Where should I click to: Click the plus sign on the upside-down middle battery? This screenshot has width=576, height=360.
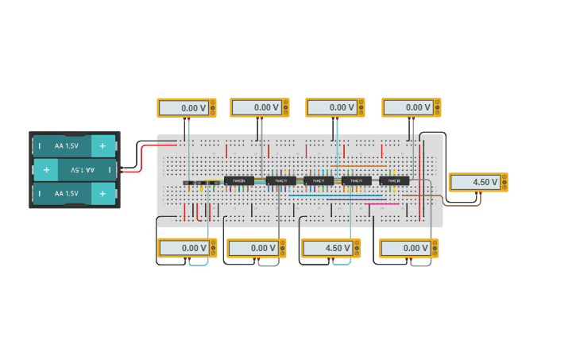coord(46,169)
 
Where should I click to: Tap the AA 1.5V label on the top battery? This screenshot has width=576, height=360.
coord(66,146)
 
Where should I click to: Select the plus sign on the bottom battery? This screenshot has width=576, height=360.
coord(102,193)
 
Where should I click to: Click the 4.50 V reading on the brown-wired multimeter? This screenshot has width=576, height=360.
coord(474,182)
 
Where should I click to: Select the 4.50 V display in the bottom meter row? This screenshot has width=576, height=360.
coord(327,248)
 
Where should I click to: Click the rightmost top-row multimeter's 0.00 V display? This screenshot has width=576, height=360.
coord(407,108)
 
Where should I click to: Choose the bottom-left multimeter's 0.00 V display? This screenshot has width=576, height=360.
coord(183,248)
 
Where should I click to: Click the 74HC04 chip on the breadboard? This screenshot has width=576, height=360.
coord(238,180)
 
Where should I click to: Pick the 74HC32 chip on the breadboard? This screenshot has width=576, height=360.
coord(394,180)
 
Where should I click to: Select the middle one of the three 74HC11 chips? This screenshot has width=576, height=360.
coord(318,180)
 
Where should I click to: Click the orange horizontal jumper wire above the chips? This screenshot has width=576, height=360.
coord(358,166)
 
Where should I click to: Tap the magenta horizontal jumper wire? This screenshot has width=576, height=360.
coord(381,204)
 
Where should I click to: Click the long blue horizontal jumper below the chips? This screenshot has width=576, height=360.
coord(334,196)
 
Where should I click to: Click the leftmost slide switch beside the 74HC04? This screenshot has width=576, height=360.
coord(187,183)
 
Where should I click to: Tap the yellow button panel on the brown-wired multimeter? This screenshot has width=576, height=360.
coord(503,182)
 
